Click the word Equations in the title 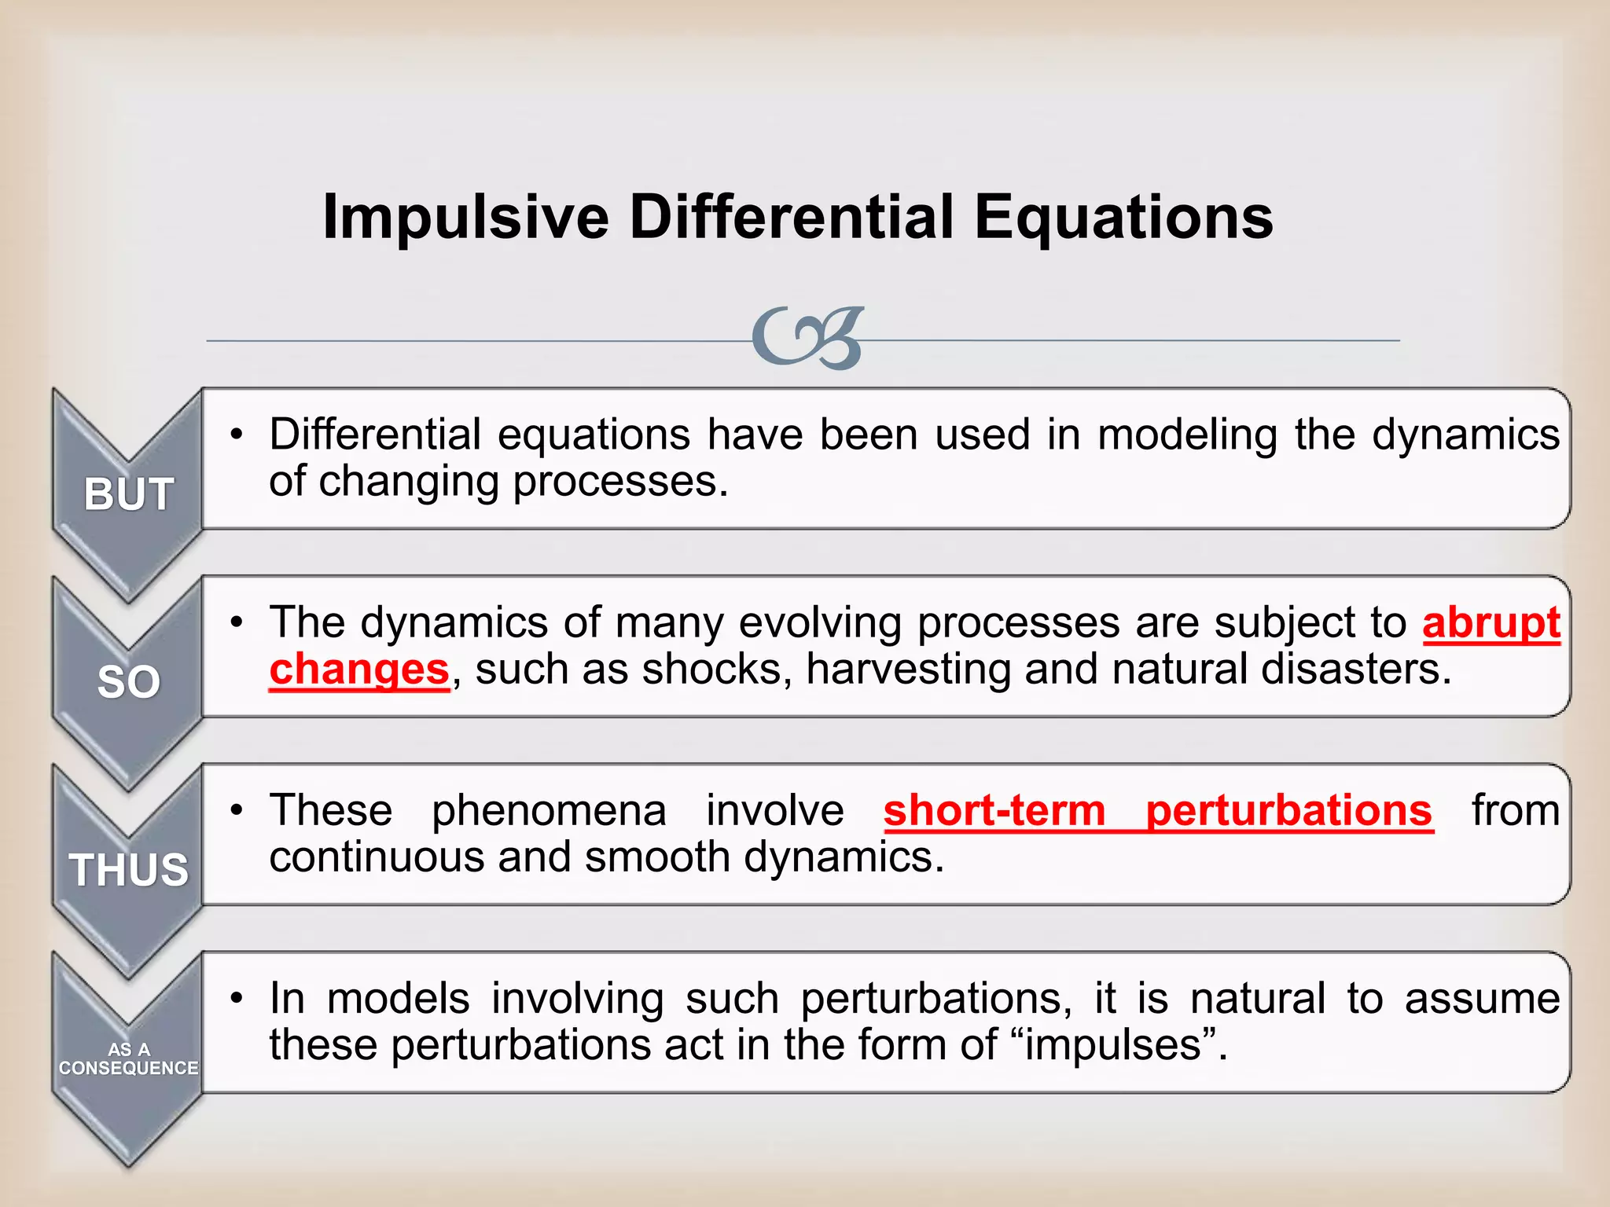pyautogui.click(x=1123, y=218)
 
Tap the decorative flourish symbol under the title pyautogui.click(x=808, y=339)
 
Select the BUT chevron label pyautogui.click(x=128, y=495)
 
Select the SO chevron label pyautogui.click(x=128, y=682)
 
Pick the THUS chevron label pyautogui.click(x=128, y=870)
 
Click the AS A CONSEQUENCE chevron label pyautogui.click(x=128, y=1058)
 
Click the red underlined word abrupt pyautogui.click(x=1491, y=623)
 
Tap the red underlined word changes pyautogui.click(x=358, y=670)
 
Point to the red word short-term pyautogui.click(x=994, y=810)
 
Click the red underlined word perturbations pyautogui.click(x=1288, y=810)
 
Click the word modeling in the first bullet pyautogui.click(x=1187, y=435)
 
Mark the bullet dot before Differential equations pyautogui.click(x=237, y=435)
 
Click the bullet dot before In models pyautogui.click(x=237, y=999)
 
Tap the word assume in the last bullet pyautogui.click(x=1482, y=999)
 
